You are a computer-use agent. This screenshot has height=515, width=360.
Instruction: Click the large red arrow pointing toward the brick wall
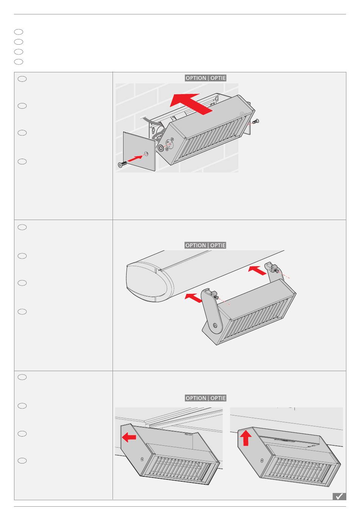(x=191, y=103)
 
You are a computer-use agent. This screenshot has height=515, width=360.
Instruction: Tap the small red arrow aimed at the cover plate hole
(x=135, y=158)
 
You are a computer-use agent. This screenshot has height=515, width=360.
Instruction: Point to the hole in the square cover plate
(x=146, y=154)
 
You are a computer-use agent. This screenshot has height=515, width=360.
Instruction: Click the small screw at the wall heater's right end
(x=255, y=122)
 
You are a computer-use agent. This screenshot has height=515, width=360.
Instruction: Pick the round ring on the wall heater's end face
(x=160, y=148)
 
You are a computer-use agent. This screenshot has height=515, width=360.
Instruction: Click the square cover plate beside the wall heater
(x=139, y=151)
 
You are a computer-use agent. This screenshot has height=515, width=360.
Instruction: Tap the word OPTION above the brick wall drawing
(x=196, y=78)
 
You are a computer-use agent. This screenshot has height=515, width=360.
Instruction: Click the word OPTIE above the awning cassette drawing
(x=218, y=245)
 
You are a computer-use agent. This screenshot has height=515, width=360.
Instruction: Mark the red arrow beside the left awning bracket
(x=194, y=298)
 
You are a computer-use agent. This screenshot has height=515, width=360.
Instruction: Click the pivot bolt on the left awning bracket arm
(x=215, y=325)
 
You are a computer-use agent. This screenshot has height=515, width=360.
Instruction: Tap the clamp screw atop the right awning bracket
(x=275, y=268)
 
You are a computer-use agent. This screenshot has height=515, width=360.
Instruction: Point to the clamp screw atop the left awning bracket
(x=214, y=295)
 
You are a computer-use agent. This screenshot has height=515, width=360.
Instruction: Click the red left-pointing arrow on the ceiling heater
(x=129, y=437)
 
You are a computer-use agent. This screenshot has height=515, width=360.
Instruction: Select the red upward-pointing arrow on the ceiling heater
(x=246, y=438)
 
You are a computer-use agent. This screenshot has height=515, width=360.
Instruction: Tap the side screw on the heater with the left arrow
(x=142, y=459)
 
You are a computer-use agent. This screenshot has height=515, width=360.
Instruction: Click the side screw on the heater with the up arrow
(x=262, y=460)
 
